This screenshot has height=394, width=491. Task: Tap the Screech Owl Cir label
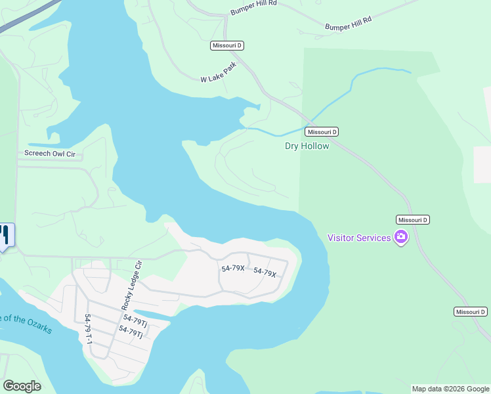[x=51, y=154]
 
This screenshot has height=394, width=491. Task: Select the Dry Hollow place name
[x=307, y=146]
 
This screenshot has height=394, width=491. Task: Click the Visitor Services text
[x=359, y=238]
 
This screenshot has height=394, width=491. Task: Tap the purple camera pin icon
[x=400, y=237]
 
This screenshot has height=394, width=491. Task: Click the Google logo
[x=21, y=386]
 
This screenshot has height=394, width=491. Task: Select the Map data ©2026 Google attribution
[x=450, y=389]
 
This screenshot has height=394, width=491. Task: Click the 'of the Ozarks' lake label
[x=26, y=324]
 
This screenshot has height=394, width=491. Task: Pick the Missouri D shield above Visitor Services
[x=413, y=219]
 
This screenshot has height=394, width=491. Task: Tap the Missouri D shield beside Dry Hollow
[x=322, y=131]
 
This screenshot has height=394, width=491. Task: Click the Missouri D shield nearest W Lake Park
[x=227, y=45]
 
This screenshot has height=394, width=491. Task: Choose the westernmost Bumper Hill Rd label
[x=254, y=8]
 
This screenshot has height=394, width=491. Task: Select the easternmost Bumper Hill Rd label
[x=348, y=24]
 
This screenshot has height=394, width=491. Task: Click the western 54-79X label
[x=232, y=268]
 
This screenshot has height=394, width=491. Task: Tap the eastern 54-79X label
[x=265, y=272]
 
